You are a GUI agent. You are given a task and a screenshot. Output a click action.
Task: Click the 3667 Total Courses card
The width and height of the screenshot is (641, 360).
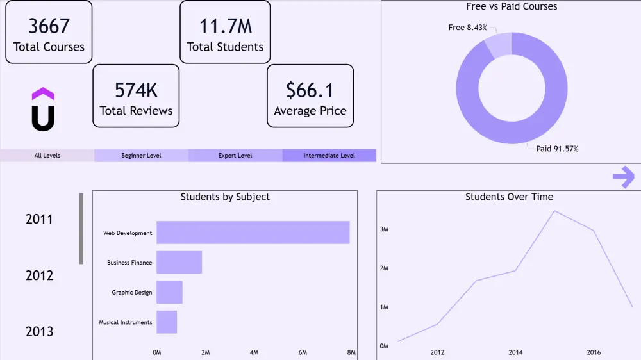(49, 32)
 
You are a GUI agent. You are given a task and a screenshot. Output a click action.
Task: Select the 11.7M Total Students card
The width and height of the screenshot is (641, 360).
(225, 32)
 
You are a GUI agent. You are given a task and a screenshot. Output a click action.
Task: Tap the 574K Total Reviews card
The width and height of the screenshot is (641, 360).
(136, 95)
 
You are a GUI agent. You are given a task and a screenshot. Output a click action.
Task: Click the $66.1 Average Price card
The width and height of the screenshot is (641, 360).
(310, 95)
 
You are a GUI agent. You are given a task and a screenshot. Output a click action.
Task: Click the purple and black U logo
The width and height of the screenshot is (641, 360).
(43, 110)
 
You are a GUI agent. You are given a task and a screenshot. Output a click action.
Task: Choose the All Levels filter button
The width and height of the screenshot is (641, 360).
(47, 156)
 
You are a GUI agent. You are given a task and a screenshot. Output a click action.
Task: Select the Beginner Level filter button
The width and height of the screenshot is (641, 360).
(141, 156)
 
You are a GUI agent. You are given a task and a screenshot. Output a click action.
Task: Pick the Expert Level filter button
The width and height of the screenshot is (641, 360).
(235, 156)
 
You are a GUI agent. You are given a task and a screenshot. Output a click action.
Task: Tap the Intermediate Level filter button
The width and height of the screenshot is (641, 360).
(329, 156)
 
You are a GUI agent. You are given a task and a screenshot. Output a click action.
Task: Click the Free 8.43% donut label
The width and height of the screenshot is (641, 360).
(468, 28)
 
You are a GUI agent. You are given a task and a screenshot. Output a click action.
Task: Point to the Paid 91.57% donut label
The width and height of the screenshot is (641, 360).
(557, 149)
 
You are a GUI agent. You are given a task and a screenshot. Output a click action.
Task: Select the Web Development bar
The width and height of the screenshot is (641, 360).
(253, 233)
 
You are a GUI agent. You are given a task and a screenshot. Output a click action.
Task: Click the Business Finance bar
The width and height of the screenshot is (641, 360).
(179, 263)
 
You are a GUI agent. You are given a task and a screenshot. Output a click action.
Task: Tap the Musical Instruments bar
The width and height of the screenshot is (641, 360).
(167, 322)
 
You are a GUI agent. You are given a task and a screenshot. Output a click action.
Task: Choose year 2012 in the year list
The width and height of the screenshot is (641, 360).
(39, 275)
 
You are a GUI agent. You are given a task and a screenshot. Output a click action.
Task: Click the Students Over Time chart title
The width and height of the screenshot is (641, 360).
(509, 197)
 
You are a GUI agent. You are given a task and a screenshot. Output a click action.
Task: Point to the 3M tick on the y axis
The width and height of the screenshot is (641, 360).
(384, 229)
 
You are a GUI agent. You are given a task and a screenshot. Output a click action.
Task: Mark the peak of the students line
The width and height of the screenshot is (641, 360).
(554, 211)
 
